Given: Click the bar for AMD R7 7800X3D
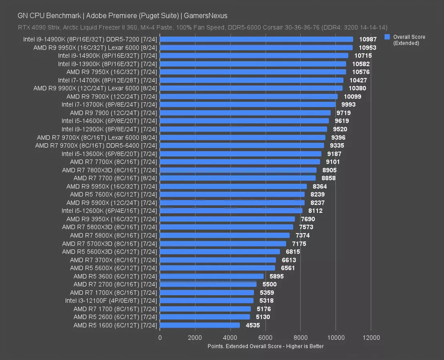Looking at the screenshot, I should [x=238, y=170].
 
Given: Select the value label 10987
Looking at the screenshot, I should [x=368, y=39].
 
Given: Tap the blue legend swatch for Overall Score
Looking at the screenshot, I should [x=387, y=37].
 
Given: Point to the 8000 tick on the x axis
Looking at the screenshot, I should [x=300, y=338].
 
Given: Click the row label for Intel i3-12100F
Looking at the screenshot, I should [x=111, y=300].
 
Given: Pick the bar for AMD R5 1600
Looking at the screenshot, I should [x=200, y=325].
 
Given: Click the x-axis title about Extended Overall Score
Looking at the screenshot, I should [x=265, y=346].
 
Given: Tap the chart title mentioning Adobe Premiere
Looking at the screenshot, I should [x=123, y=16].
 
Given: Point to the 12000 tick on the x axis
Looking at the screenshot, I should [x=371, y=338].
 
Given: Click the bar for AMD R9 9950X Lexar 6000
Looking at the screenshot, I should [x=256, y=48].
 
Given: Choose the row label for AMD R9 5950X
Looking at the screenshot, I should [x=112, y=186].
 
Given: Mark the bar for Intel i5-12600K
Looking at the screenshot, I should [x=231, y=211].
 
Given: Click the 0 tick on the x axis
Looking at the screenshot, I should [x=160, y=338].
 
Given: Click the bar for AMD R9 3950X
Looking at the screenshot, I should [x=227, y=219].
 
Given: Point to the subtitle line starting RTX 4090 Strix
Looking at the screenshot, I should [x=202, y=28].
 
